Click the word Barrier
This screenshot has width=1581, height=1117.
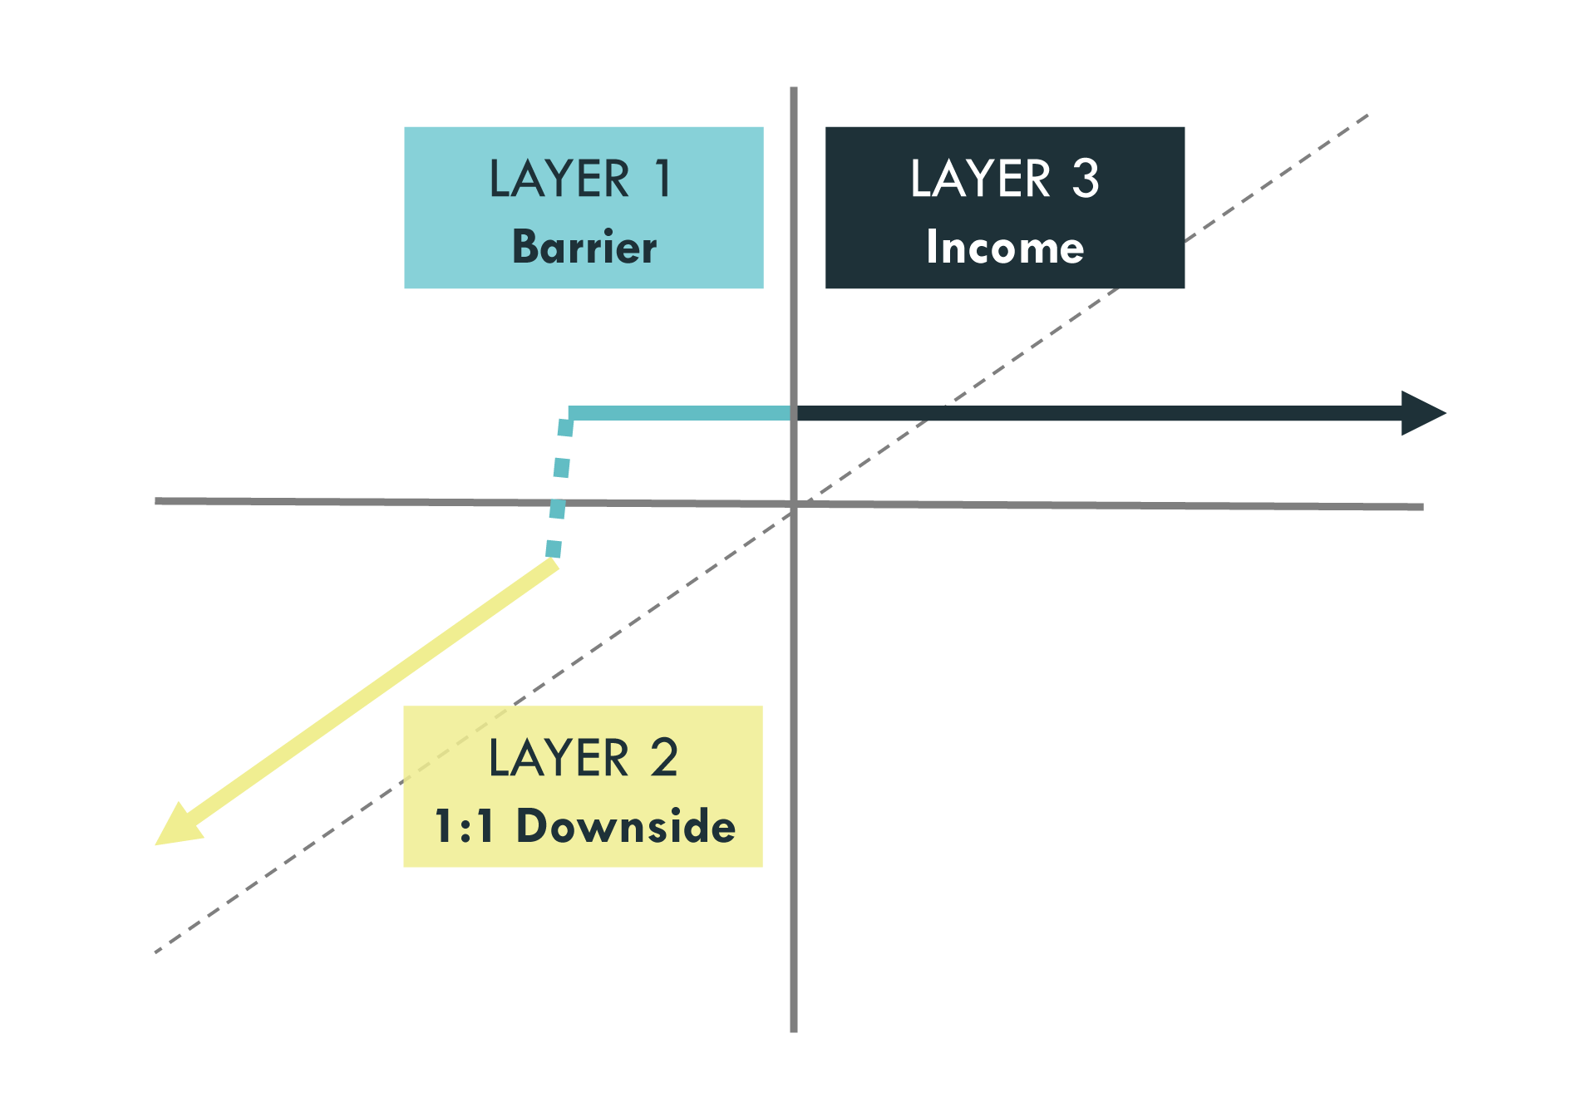(584, 247)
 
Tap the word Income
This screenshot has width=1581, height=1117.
(1005, 247)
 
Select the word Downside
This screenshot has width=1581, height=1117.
(626, 826)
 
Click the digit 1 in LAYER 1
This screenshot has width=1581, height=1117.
(662, 179)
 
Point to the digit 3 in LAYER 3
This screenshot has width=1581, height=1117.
(1085, 179)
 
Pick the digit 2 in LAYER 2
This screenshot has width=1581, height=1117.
(663, 758)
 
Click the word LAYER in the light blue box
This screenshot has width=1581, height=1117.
(559, 179)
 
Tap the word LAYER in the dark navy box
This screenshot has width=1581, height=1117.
(981, 179)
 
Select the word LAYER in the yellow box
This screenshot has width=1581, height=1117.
(559, 758)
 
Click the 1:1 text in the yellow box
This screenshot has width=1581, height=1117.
(464, 826)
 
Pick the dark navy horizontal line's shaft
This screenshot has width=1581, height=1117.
(1097, 413)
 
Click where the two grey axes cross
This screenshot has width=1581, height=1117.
(794, 504)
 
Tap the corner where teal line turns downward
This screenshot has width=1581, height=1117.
(569, 414)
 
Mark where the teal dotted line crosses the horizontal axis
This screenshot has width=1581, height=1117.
(557, 502)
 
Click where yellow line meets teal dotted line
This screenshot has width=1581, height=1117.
(553, 562)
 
